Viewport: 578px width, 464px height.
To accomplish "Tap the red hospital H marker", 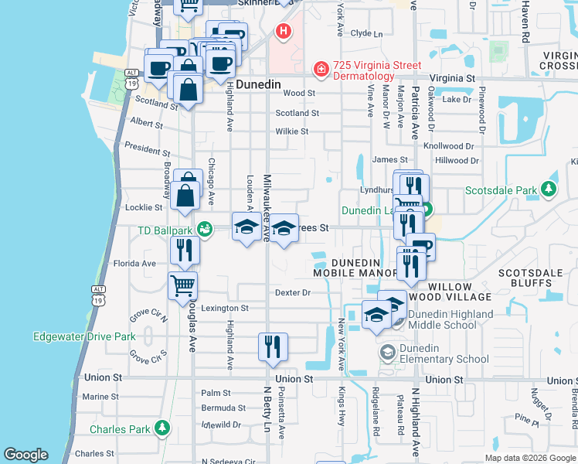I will click(284, 32).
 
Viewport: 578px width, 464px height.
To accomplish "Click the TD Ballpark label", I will click(165, 230).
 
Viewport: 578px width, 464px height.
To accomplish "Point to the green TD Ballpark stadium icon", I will click(204, 229).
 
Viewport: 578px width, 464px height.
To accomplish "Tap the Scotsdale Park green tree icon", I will click(549, 189).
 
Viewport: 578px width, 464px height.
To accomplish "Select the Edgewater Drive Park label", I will click(84, 336).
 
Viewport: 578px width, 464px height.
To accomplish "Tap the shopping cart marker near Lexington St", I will click(183, 285).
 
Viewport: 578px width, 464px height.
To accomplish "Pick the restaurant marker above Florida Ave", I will click(185, 250).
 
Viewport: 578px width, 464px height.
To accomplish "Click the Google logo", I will click(25, 455).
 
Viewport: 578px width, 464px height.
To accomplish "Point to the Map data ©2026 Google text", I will click(530, 458).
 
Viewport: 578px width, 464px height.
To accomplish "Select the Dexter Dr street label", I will click(292, 292).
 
